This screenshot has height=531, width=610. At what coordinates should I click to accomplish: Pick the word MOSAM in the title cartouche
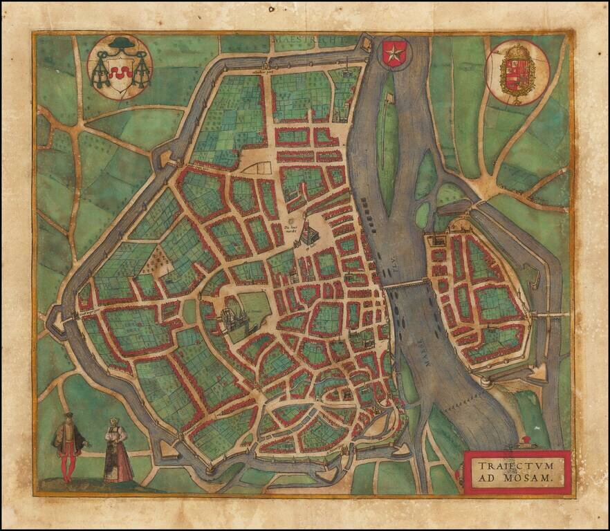coord(531,476)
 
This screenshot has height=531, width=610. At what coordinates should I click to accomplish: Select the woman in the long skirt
coord(118,453)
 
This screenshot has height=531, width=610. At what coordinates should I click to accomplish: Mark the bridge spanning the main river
coord(407,283)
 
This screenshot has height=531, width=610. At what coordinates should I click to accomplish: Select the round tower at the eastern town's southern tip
coord(486,381)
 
